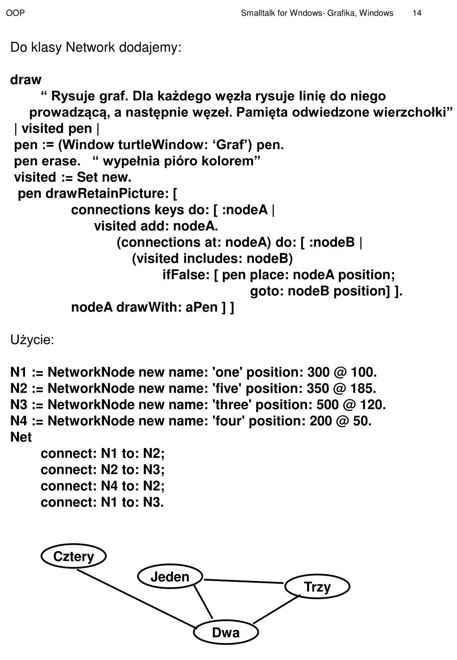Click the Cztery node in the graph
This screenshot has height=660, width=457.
74,556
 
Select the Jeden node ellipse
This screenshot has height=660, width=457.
170,577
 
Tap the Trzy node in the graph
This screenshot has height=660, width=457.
317,587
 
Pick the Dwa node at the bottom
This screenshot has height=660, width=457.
226,632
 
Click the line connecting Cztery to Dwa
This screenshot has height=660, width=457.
136,599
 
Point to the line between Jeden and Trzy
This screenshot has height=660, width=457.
244,581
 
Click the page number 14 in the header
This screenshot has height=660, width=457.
417,13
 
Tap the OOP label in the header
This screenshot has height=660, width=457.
15,13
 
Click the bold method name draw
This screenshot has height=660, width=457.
26,80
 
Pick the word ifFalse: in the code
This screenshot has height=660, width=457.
186,274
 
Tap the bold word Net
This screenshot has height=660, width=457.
21,437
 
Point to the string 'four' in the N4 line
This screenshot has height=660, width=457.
228,421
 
